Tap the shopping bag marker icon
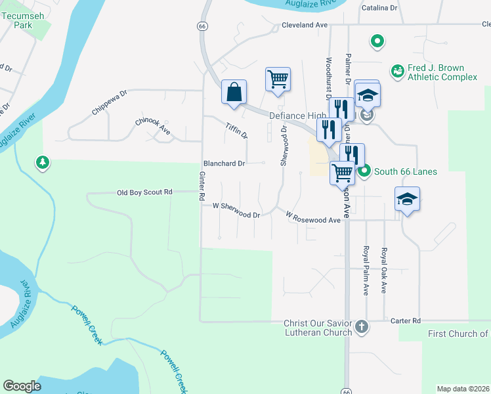point(234,93)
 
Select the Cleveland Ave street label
point(304,25)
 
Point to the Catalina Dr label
point(380,9)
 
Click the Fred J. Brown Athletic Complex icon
point(397,70)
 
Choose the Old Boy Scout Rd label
point(144,192)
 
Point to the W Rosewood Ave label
point(313,217)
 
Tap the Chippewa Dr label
point(109,102)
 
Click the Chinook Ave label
point(153,126)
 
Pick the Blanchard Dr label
point(224,163)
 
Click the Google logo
point(22,386)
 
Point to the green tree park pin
point(43,162)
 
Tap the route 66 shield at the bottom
point(346,390)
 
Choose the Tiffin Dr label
point(236,131)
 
